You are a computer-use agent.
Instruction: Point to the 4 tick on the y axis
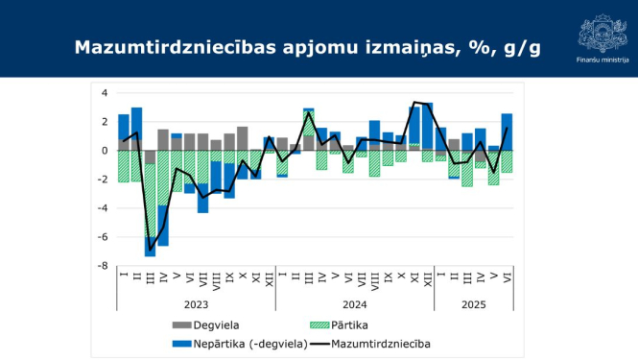pyautogui.click(x=105, y=93)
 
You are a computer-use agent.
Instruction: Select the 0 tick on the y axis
pyautogui.click(x=105, y=151)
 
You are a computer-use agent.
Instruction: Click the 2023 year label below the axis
pyautogui.click(x=196, y=303)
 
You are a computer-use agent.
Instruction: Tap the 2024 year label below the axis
pyautogui.click(x=354, y=303)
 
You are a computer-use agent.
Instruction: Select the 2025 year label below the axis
pyautogui.click(x=473, y=303)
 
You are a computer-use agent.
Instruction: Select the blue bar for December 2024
pyautogui.click(x=427, y=125)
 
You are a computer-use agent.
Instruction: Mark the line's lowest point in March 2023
pyautogui.click(x=150, y=250)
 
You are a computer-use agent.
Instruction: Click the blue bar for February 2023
pyautogui.click(x=136, y=123)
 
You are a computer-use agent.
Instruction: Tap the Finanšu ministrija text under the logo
pyautogui.click(x=603, y=60)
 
